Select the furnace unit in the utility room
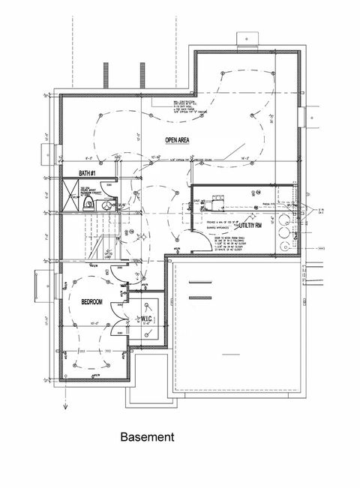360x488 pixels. tap(220, 201)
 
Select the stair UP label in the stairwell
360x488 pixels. tap(107, 254)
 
